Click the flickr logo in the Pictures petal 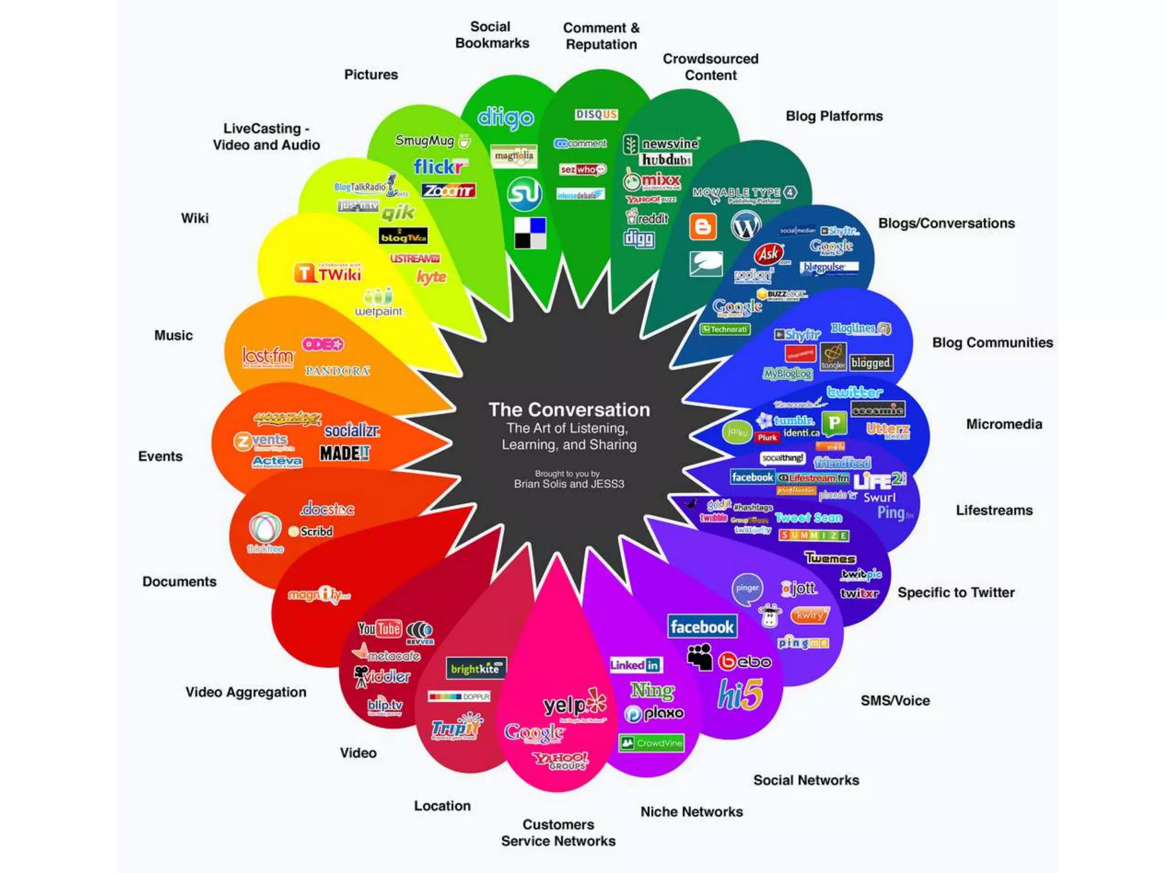pos(440,167)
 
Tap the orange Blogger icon pos(703,227)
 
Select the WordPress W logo pos(746,225)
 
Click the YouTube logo pos(379,629)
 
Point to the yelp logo pos(575,705)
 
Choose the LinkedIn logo pos(635,665)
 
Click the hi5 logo pos(740,695)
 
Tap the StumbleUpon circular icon pos(524,194)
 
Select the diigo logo pos(506,117)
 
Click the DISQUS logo pos(596,115)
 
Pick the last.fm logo pos(268,356)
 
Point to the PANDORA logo pos(337,371)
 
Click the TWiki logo pos(328,274)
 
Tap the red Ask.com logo pos(770,254)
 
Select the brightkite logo pos(476,669)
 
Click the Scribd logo pos(311,531)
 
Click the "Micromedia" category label pos(1004,424)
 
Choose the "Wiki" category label pos(195,218)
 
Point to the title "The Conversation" pos(569,410)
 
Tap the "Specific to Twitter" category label pos(956,592)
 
